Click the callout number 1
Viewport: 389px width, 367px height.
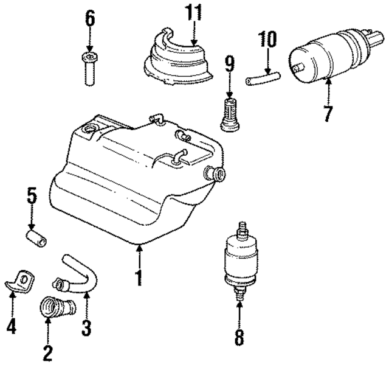pos(139,277)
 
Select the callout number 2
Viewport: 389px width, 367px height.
pos(47,351)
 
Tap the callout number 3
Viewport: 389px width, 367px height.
pos(86,328)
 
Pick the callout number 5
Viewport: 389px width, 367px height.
pos(32,197)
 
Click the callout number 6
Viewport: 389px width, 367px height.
pos(90,19)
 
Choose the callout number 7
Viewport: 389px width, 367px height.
pos(328,113)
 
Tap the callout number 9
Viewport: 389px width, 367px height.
pos(229,63)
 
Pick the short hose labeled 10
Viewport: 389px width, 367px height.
pos(262,77)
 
